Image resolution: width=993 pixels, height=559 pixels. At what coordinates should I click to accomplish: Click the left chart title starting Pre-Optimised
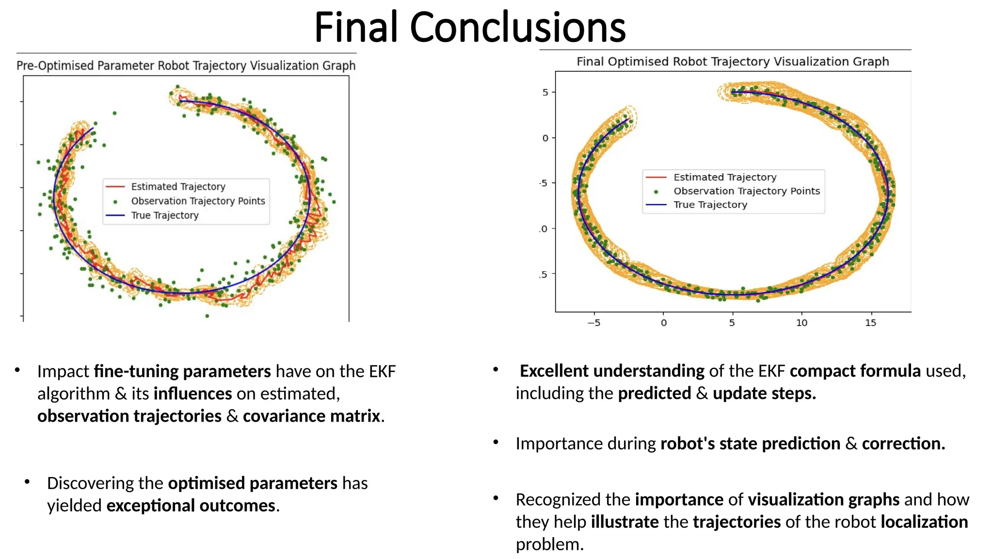coord(186,66)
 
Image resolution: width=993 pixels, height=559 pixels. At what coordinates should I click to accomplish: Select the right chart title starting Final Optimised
coord(732,62)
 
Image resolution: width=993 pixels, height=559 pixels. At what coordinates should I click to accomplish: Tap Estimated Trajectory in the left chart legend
coord(178,187)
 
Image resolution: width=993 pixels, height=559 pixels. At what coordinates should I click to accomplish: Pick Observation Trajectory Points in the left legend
coord(198,201)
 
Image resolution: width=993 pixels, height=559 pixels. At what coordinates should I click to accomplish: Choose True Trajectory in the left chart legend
coord(165,215)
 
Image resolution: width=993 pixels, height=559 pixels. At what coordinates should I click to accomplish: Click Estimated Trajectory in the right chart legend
coord(725,177)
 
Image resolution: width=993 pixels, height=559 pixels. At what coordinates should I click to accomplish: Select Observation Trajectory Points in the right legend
coord(747,191)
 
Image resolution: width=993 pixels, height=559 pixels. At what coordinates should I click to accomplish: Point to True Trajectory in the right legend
coord(710,205)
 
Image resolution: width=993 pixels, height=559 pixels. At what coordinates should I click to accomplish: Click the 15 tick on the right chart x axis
coord(871,323)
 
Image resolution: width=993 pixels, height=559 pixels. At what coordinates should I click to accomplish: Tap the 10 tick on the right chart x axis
coord(801,323)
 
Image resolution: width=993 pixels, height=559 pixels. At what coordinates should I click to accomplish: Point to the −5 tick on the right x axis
coord(594,323)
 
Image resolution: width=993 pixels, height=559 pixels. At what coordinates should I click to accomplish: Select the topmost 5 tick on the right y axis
coord(545,92)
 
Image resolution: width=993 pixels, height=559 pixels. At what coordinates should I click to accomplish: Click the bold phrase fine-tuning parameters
coord(182,371)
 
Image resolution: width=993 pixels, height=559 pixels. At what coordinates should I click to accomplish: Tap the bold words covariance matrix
coord(311,416)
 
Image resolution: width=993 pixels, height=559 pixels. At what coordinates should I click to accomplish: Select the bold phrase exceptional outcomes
coord(191,506)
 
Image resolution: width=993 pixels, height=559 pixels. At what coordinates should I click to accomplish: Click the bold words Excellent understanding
coord(612,371)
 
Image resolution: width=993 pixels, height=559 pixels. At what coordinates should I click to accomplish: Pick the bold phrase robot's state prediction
coord(750,444)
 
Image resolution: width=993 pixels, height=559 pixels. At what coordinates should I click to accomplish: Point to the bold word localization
coord(924,522)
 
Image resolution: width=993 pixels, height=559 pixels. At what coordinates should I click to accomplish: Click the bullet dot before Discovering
coord(27,482)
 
